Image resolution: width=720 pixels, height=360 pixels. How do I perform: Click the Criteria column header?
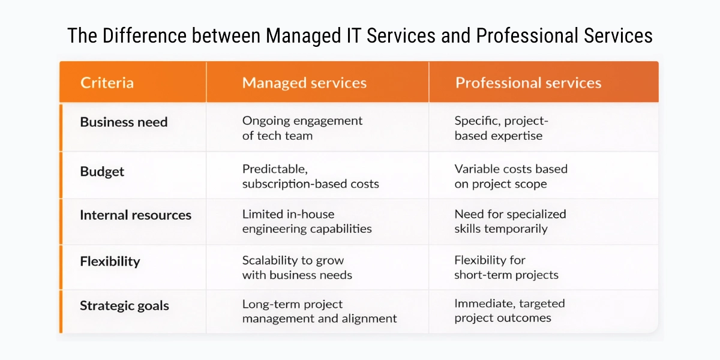(107, 82)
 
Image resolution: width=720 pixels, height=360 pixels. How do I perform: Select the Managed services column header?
(304, 82)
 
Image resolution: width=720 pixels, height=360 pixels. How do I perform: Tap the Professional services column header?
(528, 82)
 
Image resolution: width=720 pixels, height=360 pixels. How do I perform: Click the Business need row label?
(124, 122)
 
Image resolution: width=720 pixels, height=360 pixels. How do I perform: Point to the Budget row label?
(102, 171)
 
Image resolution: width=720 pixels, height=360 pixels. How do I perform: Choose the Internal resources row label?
(136, 215)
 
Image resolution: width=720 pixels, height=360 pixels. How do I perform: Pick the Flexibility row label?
(110, 261)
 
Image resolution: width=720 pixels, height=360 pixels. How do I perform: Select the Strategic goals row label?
(124, 305)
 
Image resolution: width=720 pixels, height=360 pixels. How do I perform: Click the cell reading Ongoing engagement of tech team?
(302, 128)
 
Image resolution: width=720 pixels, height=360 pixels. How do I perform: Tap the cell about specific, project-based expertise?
(501, 128)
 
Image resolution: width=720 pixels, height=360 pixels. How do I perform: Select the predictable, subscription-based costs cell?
(310, 176)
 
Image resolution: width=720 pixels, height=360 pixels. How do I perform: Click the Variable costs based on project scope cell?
(511, 176)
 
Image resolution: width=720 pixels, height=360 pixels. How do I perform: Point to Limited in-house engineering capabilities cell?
(307, 221)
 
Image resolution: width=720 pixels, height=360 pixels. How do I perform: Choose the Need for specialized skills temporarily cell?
(510, 221)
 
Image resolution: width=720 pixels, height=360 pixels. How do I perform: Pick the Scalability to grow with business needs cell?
(297, 268)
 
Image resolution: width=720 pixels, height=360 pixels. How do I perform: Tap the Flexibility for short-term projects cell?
(506, 268)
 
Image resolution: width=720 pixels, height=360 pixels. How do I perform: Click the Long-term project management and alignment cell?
(319, 311)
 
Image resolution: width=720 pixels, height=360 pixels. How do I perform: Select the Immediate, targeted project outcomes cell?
(509, 311)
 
